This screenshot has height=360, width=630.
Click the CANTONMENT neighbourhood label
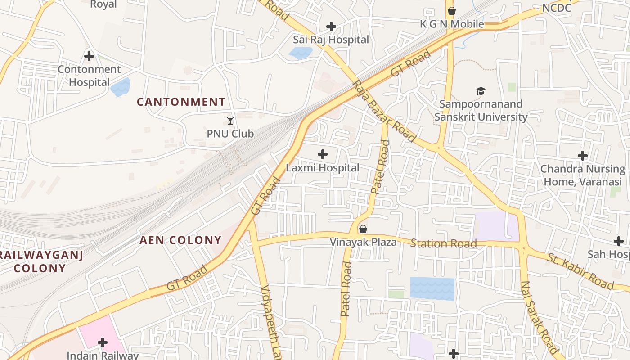[x=181, y=102]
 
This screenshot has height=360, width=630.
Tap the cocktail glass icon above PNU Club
[x=230, y=120]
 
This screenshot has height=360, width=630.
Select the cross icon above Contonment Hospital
[x=89, y=56]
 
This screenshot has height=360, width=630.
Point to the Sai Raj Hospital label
[x=331, y=40]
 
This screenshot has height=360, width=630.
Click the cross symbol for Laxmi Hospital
[x=323, y=154]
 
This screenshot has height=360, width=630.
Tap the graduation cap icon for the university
[x=481, y=91]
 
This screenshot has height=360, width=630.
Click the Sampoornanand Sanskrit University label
[x=481, y=111]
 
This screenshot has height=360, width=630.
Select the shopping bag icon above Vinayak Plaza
[x=363, y=229]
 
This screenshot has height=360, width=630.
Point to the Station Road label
[x=443, y=244]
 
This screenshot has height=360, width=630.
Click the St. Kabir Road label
[x=580, y=271]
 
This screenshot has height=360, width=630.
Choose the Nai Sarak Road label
[x=540, y=317]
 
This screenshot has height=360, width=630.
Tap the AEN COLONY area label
[x=180, y=240]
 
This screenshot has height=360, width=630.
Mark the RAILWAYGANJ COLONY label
[x=40, y=262]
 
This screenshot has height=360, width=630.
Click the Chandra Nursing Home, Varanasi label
[x=583, y=175]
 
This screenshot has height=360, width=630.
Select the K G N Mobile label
[x=452, y=24]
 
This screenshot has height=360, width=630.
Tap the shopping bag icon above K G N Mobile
[x=452, y=10]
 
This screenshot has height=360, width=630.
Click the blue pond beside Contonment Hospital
[x=120, y=87]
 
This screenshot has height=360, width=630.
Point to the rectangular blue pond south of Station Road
[x=432, y=288]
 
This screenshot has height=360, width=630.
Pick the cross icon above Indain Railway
[x=103, y=342]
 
